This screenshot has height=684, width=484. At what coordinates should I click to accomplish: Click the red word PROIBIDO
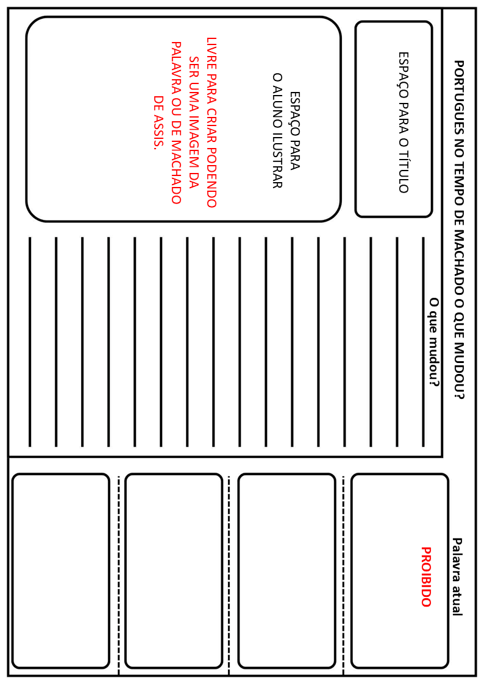coord(425,576)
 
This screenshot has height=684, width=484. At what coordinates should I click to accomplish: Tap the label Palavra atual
coord(457,576)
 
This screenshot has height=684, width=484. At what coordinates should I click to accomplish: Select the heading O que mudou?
coord(434,342)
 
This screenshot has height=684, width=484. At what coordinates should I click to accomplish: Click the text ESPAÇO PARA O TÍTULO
coord(403,122)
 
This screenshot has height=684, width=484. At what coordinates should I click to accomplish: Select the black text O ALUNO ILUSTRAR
coord(277,130)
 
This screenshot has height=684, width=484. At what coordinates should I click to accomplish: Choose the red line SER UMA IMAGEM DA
coord(194,122)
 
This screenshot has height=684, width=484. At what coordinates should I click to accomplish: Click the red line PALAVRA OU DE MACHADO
coord(176,122)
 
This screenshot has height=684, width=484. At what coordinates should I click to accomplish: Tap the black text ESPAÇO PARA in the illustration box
coord(295,130)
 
